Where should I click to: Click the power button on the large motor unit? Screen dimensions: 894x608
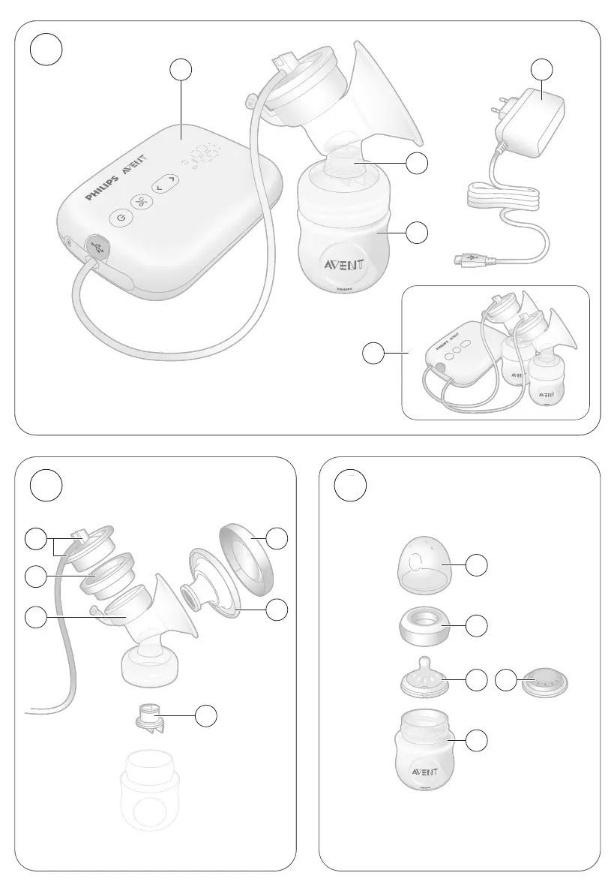[121, 218]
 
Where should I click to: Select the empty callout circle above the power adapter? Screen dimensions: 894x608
[543, 70]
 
